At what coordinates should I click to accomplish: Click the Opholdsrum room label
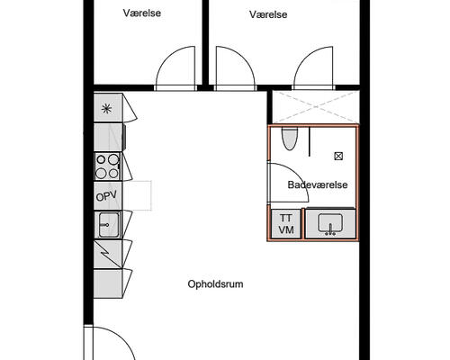click(x=215, y=284)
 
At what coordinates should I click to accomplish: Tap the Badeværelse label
click(x=318, y=184)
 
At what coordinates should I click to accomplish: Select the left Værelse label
click(x=142, y=13)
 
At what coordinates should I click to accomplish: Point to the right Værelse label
click(x=268, y=14)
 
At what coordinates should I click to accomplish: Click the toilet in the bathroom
click(x=289, y=139)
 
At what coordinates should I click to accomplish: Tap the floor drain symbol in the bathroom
click(x=338, y=156)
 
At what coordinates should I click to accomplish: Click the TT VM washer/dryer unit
click(x=286, y=224)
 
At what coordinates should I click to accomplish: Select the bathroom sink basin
click(x=330, y=223)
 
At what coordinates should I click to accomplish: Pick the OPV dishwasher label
click(x=106, y=196)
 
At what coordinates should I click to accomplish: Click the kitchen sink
click(x=108, y=225)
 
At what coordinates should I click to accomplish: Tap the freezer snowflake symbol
click(x=106, y=108)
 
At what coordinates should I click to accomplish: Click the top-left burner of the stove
click(x=101, y=159)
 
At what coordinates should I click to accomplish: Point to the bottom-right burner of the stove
click(x=113, y=174)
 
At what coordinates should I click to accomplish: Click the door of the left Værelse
click(x=175, y=67)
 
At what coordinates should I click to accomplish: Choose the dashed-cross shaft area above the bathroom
click(x=316, y=107)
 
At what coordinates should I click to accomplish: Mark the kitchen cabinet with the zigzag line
click(x=108, y=254)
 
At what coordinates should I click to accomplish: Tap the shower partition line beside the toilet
click(x=310, y=141)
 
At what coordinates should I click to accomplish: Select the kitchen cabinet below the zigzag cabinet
click(x=108, y=283)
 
